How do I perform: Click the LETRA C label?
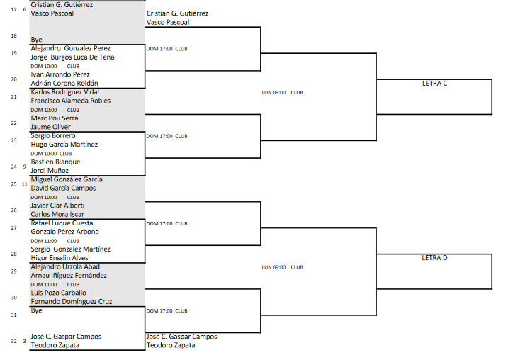pos(434,84)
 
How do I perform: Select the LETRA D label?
pos(434,258)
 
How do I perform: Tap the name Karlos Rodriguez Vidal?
pos(65,92)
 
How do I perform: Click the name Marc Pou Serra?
pos(55,118)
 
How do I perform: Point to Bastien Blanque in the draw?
pos(55,162)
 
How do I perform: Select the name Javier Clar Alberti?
pos(58,206)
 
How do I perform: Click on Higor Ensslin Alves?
pos(60,258)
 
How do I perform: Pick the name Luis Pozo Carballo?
pos(59,293)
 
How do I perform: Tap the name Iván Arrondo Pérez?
pos(60,74)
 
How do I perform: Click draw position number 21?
pos(14,96)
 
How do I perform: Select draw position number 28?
pos(14,254)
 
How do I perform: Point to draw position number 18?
pos(14,35)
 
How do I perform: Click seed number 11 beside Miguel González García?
pos(24,184)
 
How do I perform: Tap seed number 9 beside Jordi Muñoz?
pos(24,167)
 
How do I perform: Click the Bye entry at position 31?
pos(37,310)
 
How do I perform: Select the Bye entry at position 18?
pos(37,40)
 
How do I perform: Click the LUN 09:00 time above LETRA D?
pos(274,267)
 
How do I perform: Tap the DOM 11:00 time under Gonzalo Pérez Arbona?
pos(44,241)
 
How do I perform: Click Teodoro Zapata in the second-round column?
pos(171,345)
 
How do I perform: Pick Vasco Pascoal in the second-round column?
pos(168,22)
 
